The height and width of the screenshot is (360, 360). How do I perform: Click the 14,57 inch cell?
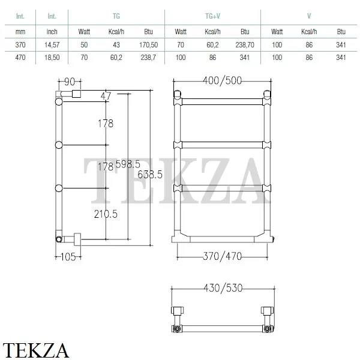point(52,45)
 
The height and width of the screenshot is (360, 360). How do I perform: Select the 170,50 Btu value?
point(149,45)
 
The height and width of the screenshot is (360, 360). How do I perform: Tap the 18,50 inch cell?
point(52,58)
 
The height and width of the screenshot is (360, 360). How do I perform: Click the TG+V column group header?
point(212,16)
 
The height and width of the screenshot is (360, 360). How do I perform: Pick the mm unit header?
point(20,32)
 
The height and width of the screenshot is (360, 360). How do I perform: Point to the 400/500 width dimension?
point(222,80)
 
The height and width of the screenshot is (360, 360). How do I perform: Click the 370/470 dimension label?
point(222,256)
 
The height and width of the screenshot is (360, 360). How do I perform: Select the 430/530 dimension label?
point(223,288)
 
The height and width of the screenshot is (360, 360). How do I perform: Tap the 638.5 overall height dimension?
point(150,175)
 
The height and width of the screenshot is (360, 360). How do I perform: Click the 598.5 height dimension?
point(128,164)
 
